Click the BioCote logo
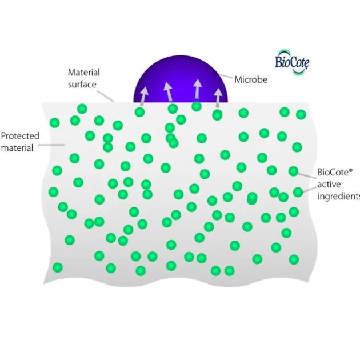(292, 62)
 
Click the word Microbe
(251, 79)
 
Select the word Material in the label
(84, 73)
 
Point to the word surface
(82, 84)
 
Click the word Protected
(20, 135)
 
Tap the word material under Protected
(17, 147)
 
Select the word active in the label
(329, 185)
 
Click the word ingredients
(338, 197)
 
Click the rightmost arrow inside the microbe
(218, 98)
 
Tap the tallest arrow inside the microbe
(197, 89)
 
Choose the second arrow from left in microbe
(169, 92)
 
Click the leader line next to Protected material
(51, 145)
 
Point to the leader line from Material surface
(105, 96)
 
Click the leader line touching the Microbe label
(226, 76)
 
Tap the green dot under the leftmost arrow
(139, 112)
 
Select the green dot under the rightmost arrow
(217, 115)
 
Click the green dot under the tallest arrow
(197, 106)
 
